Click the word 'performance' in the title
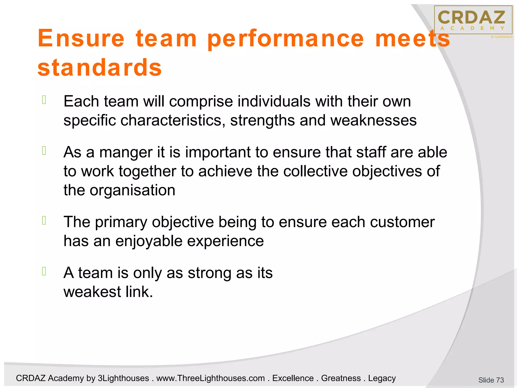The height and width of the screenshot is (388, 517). pyautogui.click(x=286, y=39)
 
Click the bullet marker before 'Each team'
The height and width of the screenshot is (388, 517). pyautogui.click(x=44, y=100)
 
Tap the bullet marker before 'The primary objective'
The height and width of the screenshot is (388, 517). pyautogui.click(x=44, y=221)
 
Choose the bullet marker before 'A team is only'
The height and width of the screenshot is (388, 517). pyautogui.click(x=44, y=271)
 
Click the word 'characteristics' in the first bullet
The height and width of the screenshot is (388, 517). pyautogui.click(x=173, y=120)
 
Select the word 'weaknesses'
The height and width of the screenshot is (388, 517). pyautogui.click(x=373, y=120)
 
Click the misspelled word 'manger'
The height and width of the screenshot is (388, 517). pyautogui.click(x=126, y=152)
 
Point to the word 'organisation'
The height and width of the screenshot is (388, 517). pyautogui.click(x=132, y=190)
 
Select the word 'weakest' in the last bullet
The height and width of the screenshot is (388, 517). pyautogui.click(x=92, y=292)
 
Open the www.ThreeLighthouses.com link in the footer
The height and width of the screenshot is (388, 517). pyautogui.click(x=211, y=378)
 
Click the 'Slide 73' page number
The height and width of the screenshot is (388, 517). pyautogui.click(x=491, y=380)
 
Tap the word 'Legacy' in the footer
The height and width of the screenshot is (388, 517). pyautogui.click(x=382, y=378)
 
